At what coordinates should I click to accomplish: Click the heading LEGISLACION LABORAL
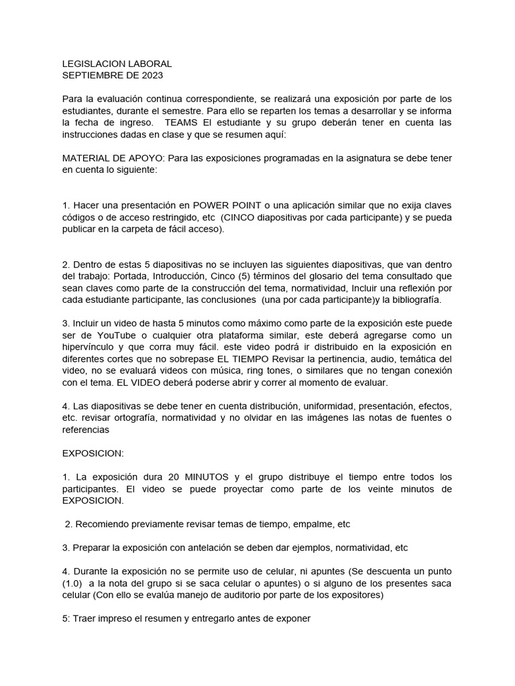(x=117, y=64)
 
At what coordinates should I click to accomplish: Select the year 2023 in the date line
(x=158, y=75)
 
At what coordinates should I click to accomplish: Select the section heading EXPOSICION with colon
(x=93, y=454)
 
